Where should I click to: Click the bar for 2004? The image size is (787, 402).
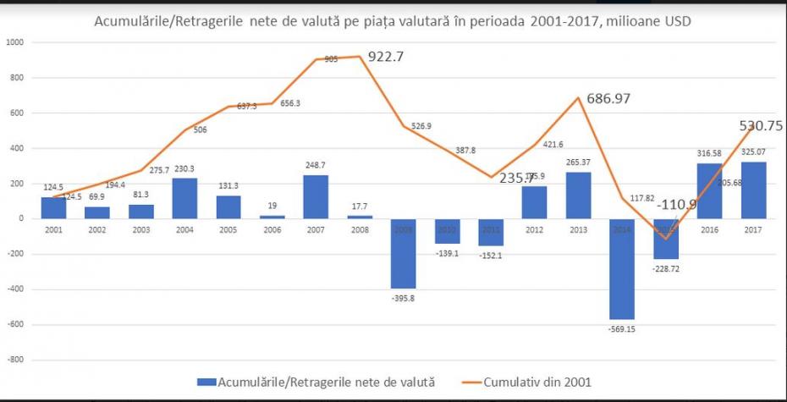(x=184, y=198)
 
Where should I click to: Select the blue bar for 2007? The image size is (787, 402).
(x=316, y=196)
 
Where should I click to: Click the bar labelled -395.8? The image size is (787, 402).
(x=403, y=253)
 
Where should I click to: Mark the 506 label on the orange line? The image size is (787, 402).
(x=200, y=129)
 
